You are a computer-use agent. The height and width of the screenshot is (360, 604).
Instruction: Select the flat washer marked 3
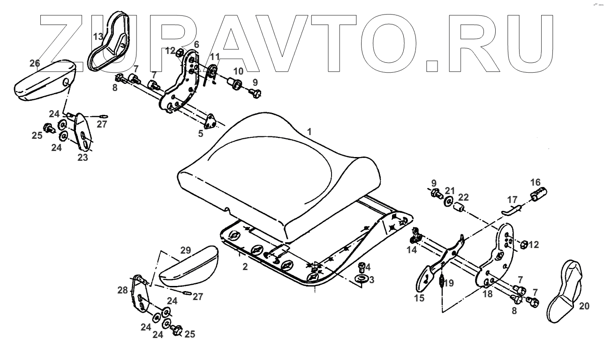(x=362, y=280)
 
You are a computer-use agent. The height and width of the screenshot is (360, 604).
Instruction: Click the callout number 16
(x=535, y=182)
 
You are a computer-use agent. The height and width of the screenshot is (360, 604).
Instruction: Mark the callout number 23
(x=83, y=158)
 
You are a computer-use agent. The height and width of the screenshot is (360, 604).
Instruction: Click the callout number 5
(x=201, y=133)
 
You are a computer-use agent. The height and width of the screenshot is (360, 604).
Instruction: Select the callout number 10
(x=238, y=71)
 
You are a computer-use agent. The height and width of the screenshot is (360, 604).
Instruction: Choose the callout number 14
(x=412, y=250)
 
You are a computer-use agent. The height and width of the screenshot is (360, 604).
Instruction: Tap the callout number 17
(x=512, y=199)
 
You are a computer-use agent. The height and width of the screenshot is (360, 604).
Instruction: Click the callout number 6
(x=196, y=44)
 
